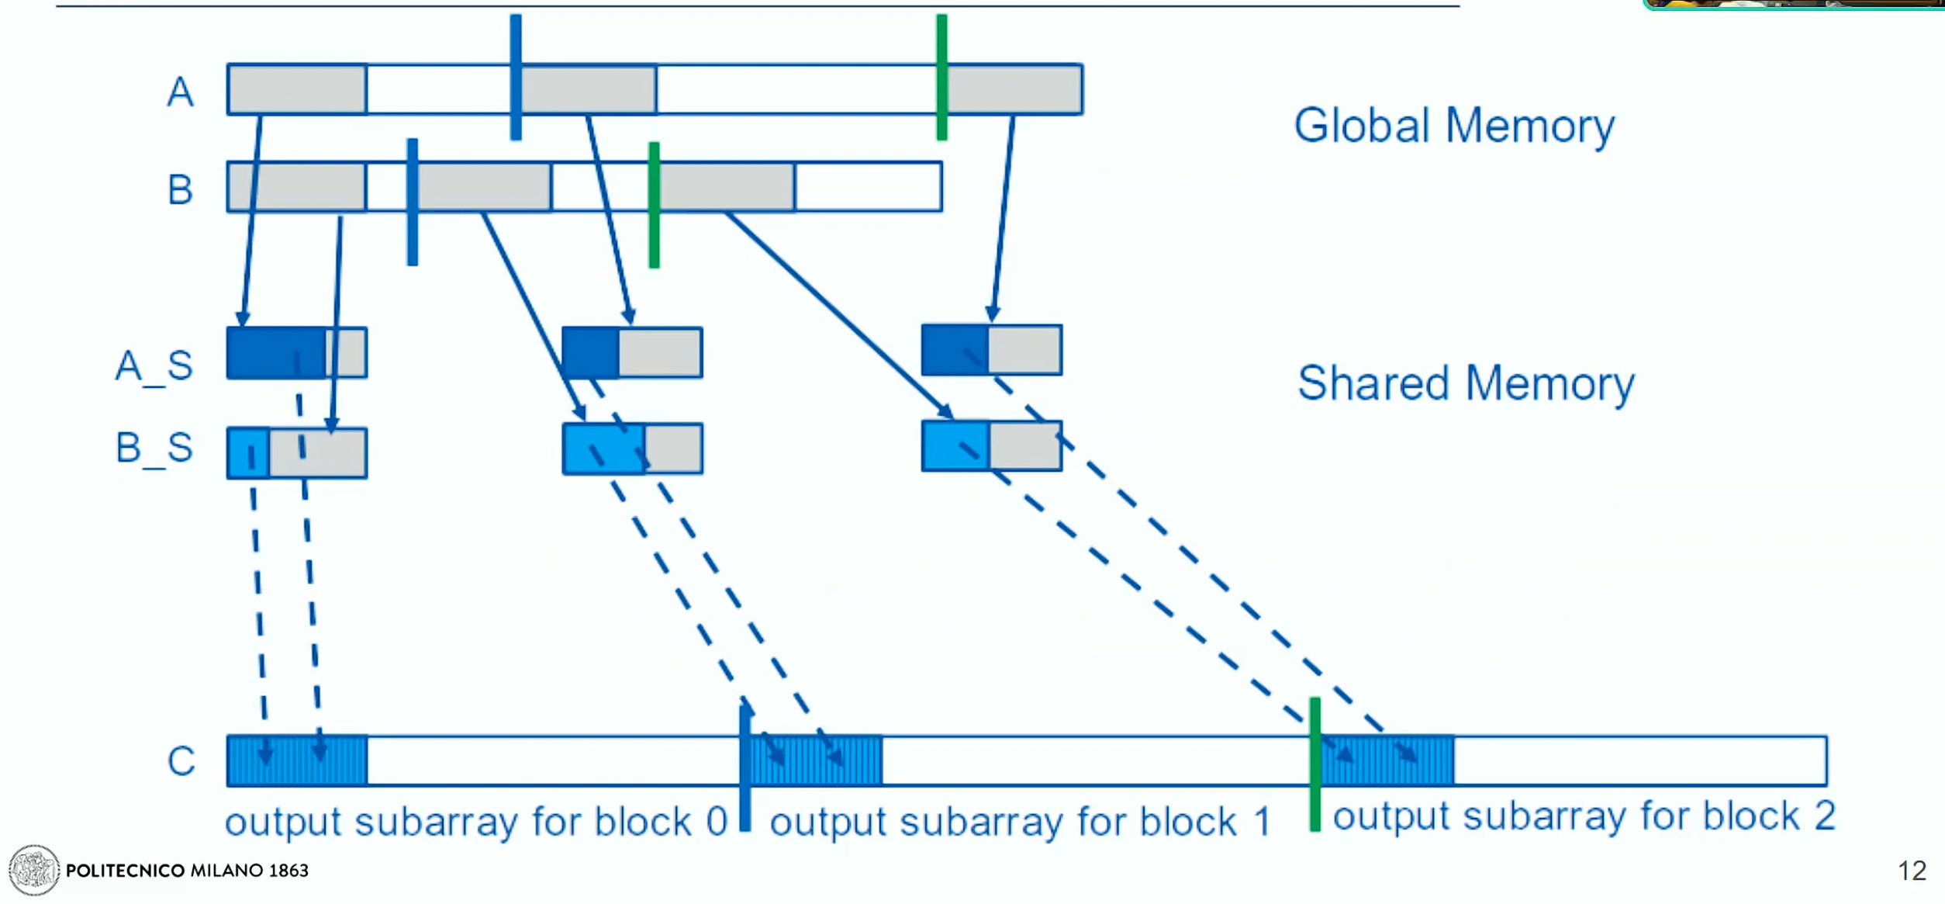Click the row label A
(180, 92)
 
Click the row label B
(180, 189)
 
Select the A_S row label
(154, 365)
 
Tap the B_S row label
(154, 448)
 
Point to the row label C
(181, 760)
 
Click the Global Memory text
(1454, 126)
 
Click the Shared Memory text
(1466, 383)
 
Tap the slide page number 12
(1912, 871)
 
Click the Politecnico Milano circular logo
(33, 870)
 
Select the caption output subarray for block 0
(476, 821)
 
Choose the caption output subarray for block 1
(1021, 821)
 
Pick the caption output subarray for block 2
(1584, 816)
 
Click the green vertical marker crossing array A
(941, 77)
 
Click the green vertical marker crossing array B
(654, 205)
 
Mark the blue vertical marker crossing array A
(516, 77)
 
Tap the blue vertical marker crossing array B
(413, 202)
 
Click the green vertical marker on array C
(1315, 764)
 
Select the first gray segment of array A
(298, 90)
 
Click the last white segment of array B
(869, 187)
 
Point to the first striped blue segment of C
(298, 760)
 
